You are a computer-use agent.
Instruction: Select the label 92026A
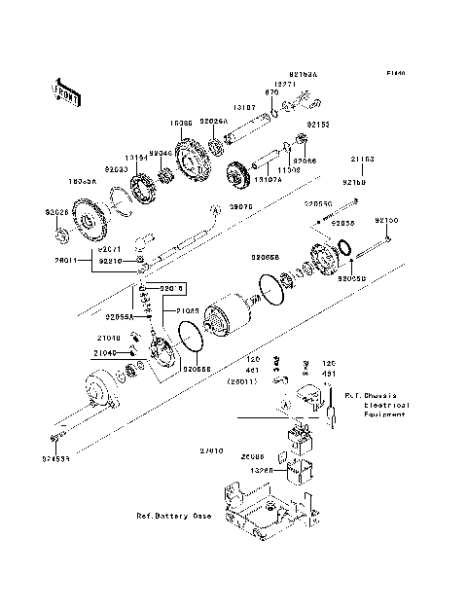click(x=214, y=122)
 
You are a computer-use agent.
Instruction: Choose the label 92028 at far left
click(x=56, y=209)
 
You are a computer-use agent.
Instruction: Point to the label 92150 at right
click(x=387, y=221)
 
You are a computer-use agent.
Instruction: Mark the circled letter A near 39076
click(x=213, y=209)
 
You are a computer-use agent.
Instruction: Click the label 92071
click(x=108, y=250)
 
